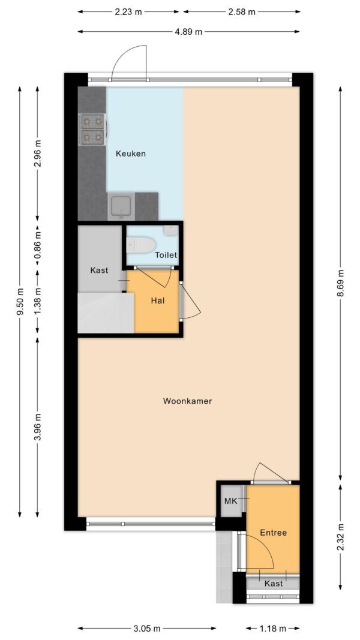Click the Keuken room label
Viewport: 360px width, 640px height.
point(131,154)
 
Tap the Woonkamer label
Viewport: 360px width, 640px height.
point(187,401)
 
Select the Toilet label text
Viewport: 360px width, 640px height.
point(166,255)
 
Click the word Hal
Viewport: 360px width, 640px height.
point(158,301)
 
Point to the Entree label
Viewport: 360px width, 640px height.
point(274,532)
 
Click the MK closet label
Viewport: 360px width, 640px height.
point(231,501)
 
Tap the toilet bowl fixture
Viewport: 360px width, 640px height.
point(141,245)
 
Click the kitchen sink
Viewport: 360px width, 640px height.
point(121,206)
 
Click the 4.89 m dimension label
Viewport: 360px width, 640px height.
point(189,31)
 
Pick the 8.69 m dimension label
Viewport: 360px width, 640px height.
point(340,284)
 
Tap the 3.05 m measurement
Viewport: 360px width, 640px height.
point(146,628)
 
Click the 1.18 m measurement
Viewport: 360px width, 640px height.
point(273,628)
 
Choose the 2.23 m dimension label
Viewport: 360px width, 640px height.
point(128,11)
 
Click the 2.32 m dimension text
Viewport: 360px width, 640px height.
point(340,537)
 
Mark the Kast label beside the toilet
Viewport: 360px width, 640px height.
point(99,270)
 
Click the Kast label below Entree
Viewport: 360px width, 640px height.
point(274,583)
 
